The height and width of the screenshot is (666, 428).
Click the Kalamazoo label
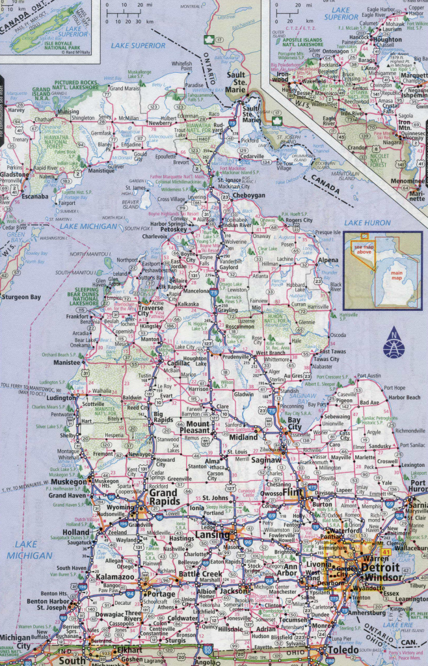(x=116, y=577)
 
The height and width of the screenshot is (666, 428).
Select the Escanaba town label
(x=34, y=196)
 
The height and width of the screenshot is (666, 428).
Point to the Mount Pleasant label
(x=195, y=426)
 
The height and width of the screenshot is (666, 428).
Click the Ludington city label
(x=60, y=398)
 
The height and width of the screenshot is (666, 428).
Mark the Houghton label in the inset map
(x=388, y=40)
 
